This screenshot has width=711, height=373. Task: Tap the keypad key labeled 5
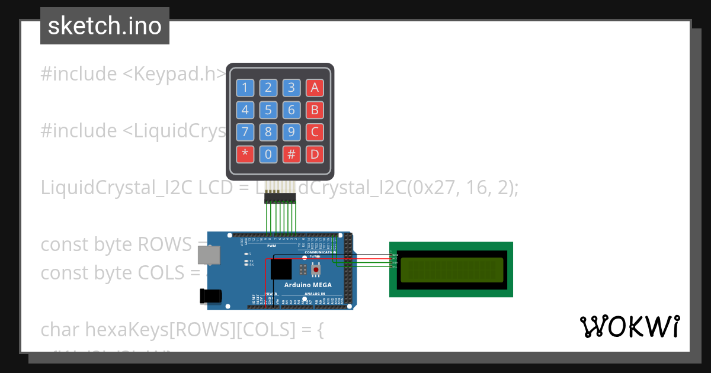[268, 110]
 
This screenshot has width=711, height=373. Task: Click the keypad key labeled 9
[291, 132]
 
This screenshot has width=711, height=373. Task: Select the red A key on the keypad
[315, 88]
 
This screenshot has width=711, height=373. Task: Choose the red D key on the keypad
[315, 155]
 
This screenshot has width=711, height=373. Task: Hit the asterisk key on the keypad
[245, 155]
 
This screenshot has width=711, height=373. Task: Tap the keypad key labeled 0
[268, 155]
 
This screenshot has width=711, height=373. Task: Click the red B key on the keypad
[315, 110]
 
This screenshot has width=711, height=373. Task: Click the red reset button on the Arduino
[316, 270]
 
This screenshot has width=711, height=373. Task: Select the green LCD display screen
[451, 270]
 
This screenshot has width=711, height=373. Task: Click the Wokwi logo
[630, 326]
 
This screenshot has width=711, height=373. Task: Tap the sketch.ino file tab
[105, 26]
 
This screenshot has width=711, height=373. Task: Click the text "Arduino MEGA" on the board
[308, 285]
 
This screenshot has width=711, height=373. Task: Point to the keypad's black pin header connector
[280, 197]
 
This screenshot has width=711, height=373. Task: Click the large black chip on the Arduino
[280, 269]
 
